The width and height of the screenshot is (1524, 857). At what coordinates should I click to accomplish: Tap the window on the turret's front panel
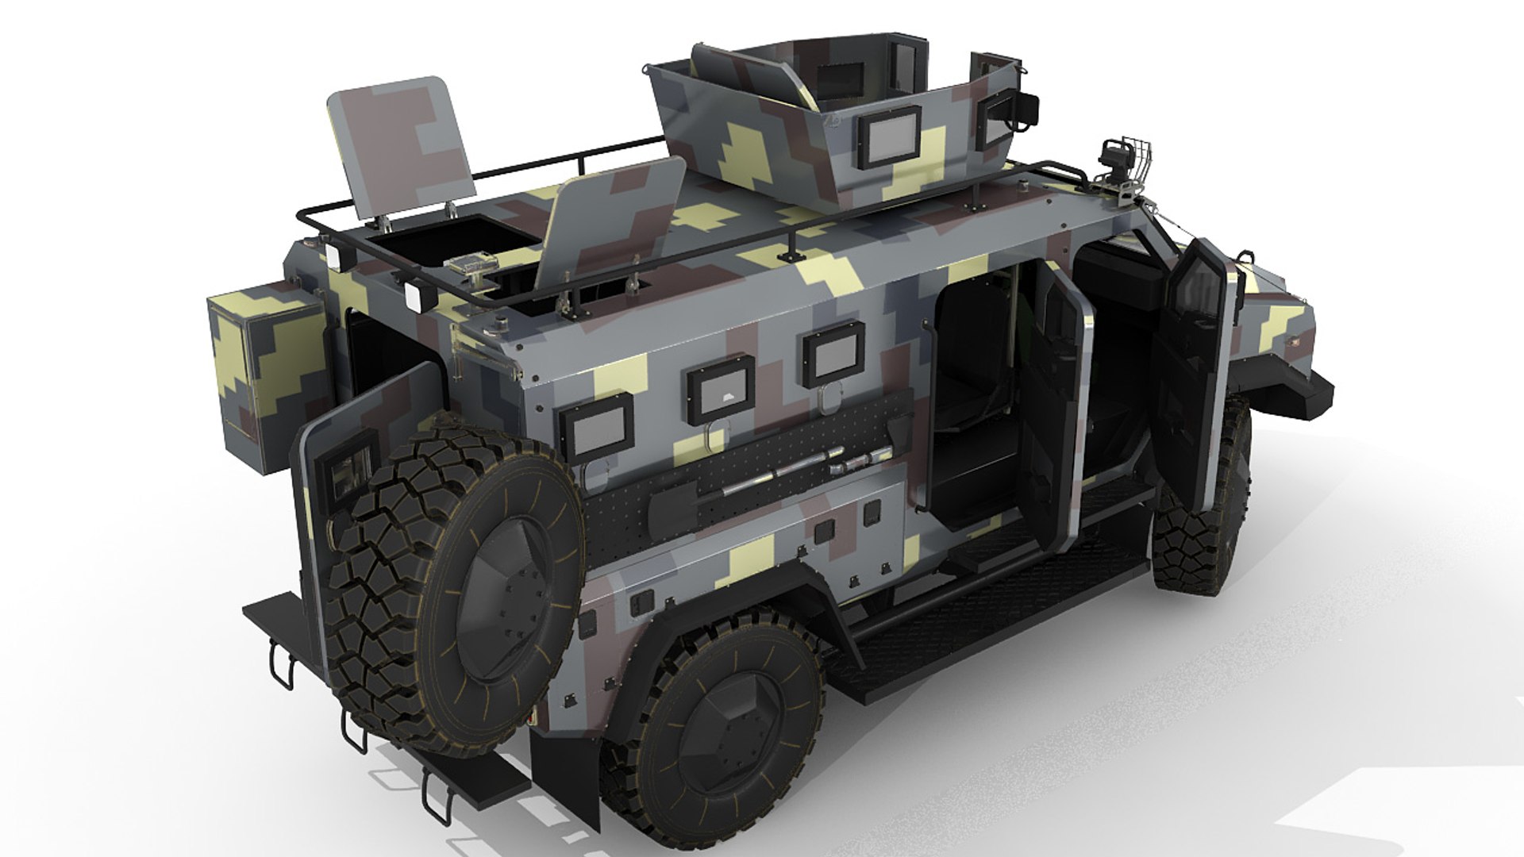[x=890, y=136]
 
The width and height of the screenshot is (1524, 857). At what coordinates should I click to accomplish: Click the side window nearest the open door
[x=833, y=354]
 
